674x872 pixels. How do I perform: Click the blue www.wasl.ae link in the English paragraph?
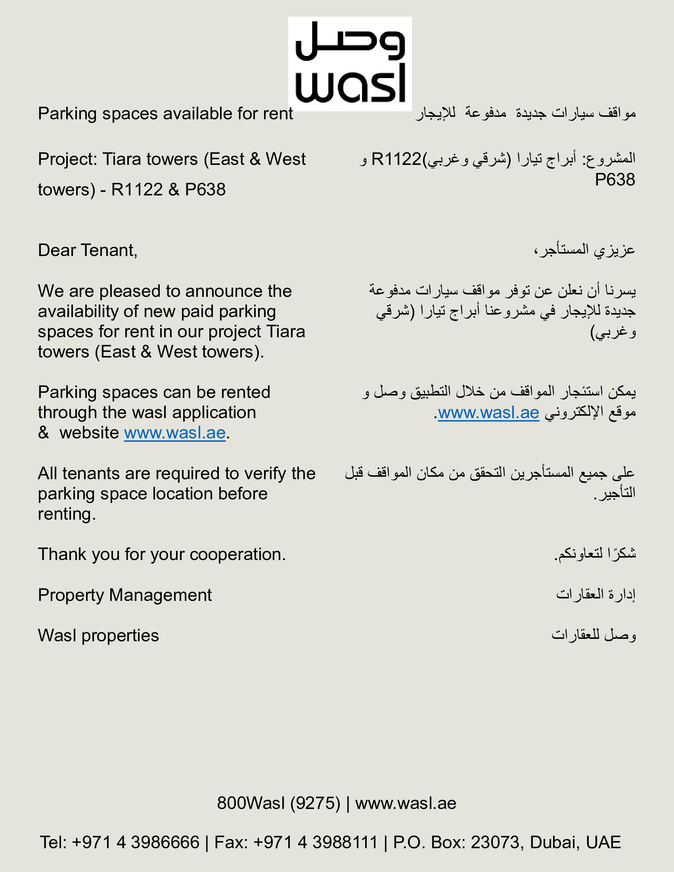(x=175, y=433)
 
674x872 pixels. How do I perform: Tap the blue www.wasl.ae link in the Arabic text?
(x=488, y=413)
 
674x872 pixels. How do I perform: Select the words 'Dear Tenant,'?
(x=88, y=251)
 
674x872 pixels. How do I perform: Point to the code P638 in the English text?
(x=205, y=189)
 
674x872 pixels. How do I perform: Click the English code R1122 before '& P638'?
(x=137, y=189)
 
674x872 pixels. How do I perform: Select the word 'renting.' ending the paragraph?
(x=67, y=514)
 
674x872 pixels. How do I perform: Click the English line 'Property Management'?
(x=124, y=595)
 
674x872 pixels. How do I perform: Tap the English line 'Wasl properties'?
(x=98, y=636)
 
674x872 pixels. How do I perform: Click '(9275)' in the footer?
(x=315, y=803)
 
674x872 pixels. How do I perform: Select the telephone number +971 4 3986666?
(x=135, y=842)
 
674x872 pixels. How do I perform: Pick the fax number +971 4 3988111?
(x=316, y=842)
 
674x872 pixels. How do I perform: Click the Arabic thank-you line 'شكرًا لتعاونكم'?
(x=595, y=554)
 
